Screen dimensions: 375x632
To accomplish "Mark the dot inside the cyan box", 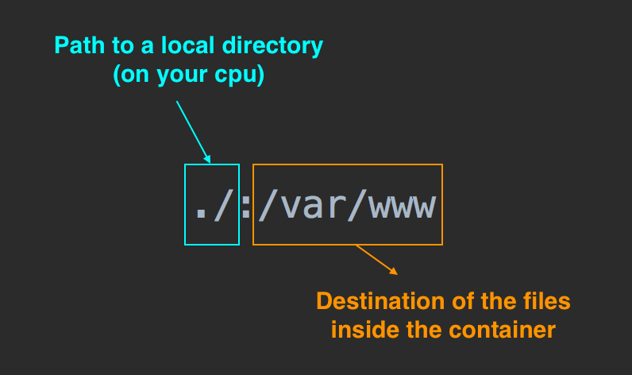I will (200, 215).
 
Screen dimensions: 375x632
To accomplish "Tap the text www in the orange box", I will (406, 208).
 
